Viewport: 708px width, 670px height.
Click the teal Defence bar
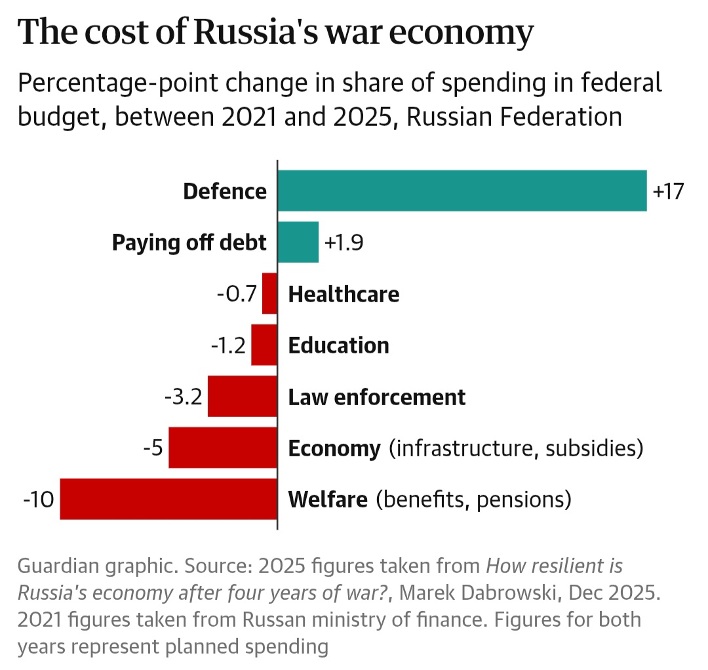coord(462,191)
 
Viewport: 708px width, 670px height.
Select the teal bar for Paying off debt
coord(298,242)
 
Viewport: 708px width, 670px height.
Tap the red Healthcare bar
coord(269,294)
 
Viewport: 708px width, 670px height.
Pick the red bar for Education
coord(264,345)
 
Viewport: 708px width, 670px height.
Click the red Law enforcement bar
coord(242,397)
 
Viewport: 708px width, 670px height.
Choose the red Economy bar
coord(223,448)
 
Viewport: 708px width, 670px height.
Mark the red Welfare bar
coord(168,500)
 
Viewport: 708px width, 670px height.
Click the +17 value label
coord(668,191)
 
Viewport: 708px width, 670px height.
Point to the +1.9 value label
coord(344,243)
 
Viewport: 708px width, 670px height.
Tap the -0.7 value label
coord(237,294)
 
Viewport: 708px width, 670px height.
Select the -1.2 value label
coord(228,345)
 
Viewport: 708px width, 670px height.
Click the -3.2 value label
coord(184,397)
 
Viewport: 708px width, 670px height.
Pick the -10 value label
coord(38,500)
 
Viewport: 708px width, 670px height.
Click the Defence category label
coord(225,191)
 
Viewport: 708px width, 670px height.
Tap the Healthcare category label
coord(344,294)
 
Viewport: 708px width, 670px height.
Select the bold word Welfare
coord(328,500)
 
